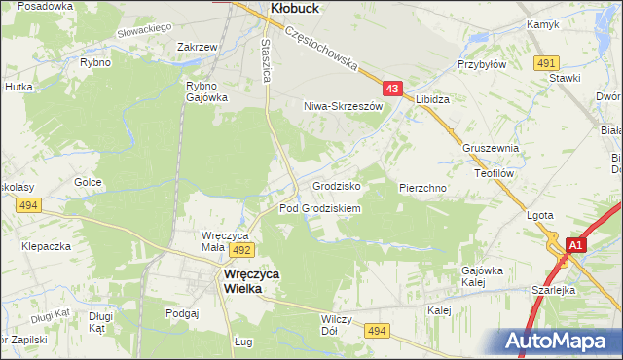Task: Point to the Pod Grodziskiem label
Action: pos(320,209)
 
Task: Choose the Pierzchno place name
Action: pos(422,186)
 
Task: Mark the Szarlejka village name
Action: pos(581,290)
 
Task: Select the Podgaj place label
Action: pos(182,313)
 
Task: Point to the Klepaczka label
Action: pos(47,247)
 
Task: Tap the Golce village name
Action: pos(89,182)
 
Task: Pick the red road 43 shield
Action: pos(392,89)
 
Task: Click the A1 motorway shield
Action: pos(575,246)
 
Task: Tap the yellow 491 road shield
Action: pos(545,63)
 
